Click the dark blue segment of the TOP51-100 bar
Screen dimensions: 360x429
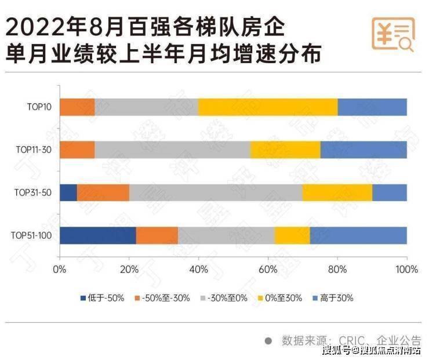click(97, 235)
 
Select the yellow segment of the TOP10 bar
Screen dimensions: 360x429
click(267, 107)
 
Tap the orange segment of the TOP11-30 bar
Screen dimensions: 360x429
click(77, 150)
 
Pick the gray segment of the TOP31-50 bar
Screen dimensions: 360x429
click(216, 192)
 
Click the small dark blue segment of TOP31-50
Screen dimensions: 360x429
click(68, 192)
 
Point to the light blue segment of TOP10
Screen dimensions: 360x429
click(372, 107)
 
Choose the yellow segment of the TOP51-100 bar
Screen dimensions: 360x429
click(292, 235)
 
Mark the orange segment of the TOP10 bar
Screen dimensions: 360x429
click(77, 107)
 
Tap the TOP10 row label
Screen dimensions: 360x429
click(39, 107)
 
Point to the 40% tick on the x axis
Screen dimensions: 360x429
click(198, 270)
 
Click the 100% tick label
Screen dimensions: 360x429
click(406, 270)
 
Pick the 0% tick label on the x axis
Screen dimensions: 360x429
click(60, 270)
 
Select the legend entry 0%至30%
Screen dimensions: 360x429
click(279, 298)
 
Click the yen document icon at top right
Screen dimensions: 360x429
click(392, 34)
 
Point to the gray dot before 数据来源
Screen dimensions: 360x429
click(268, 340)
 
